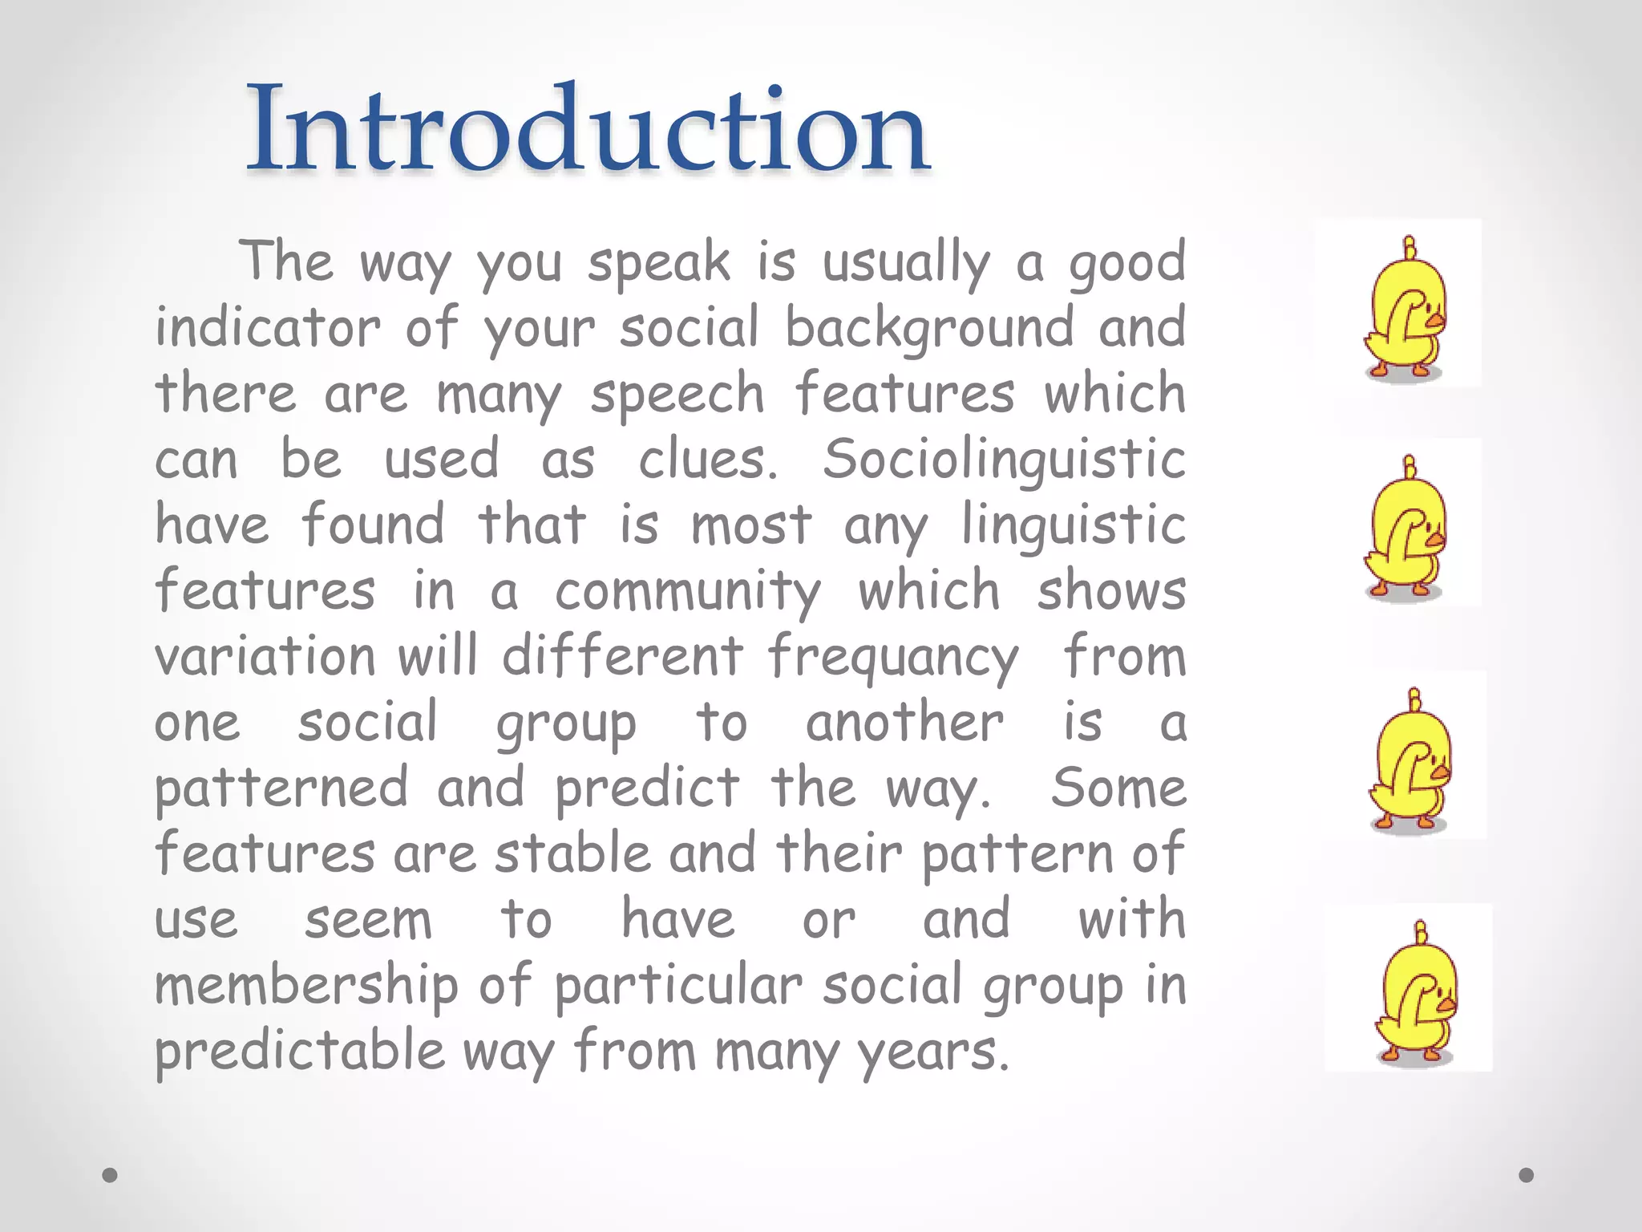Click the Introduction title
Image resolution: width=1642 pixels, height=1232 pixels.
coord(587,128)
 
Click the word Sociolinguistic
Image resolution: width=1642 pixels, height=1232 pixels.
coord(1004,460)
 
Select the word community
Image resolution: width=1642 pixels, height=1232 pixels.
coord(688,592)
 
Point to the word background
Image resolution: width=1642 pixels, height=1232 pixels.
coord(929,329)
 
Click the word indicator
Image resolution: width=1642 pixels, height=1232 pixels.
coord(268,329)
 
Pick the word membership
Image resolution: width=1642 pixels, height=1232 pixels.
coord(306,987)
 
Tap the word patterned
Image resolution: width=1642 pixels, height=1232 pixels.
coord(281,789)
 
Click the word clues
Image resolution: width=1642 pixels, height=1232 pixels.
coord(707,460)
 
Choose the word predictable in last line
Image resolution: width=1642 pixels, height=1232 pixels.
coord(300,1052)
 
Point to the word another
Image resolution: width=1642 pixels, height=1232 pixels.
coord(904,723)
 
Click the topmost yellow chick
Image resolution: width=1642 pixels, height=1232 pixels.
coord(1405,313)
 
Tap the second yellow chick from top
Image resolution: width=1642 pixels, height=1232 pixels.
coord(1405,533)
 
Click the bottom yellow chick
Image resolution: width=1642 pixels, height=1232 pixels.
coord(1417,997)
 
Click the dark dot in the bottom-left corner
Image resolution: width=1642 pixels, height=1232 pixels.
coord(111,1175)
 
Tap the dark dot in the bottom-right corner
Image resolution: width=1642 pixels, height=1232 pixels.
coord(1527,1175)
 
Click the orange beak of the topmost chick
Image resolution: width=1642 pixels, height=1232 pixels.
coord(1435,322)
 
